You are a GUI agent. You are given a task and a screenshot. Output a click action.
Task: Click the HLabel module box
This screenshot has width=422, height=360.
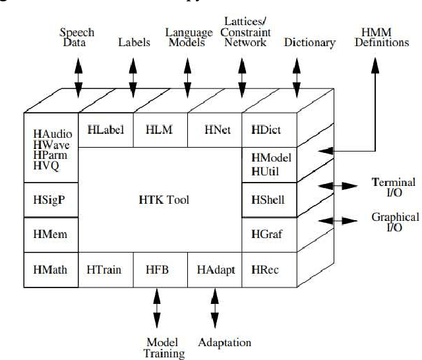(105, 130)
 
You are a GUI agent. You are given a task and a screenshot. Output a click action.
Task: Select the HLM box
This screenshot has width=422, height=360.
(160, 130)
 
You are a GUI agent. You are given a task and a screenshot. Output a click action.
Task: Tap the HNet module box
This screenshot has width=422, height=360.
(214, 130)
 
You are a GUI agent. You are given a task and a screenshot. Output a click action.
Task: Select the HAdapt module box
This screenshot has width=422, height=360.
(215, 269)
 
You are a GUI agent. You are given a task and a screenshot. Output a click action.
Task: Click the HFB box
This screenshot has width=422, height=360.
(160, 269)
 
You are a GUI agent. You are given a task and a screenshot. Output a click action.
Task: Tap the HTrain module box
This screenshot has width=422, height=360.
(105, 269)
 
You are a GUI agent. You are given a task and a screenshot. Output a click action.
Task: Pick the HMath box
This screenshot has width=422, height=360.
(50, 269)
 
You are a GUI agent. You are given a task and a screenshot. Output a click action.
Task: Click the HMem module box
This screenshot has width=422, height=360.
(50, 233)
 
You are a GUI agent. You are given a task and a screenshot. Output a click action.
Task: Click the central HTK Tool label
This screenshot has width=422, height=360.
(159, 199)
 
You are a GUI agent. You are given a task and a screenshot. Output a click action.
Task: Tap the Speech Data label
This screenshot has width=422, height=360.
(77, 38)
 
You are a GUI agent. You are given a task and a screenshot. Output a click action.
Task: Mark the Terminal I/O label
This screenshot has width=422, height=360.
(394, 187)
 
